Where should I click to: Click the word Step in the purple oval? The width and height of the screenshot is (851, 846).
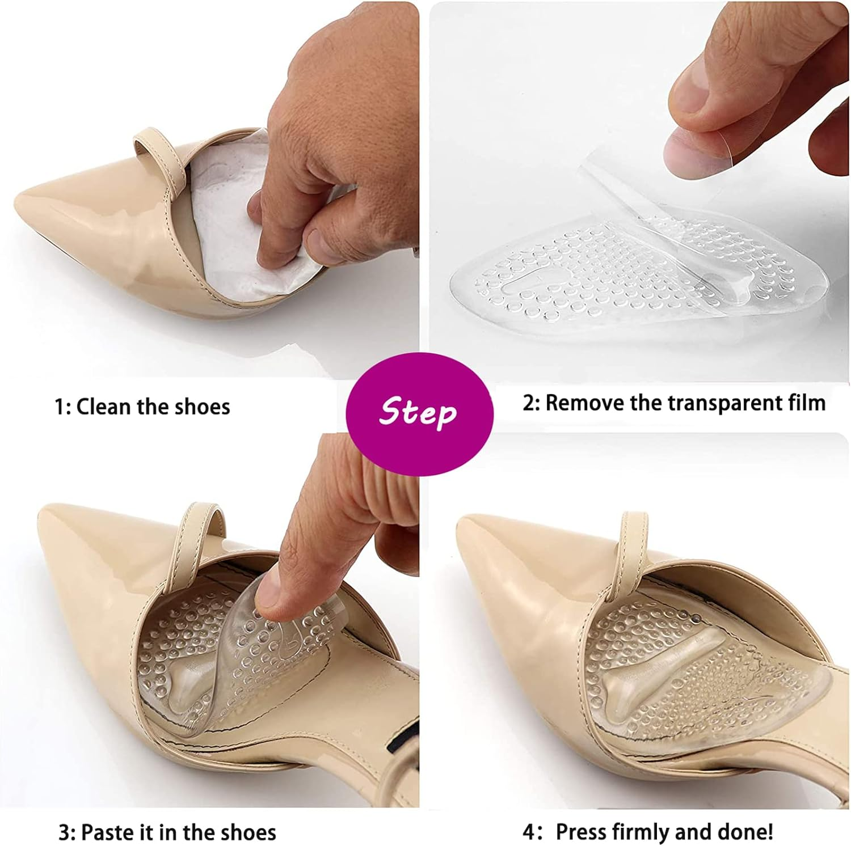tap(418, 411)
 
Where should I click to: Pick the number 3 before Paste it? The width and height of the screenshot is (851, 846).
tap(65, 833)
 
